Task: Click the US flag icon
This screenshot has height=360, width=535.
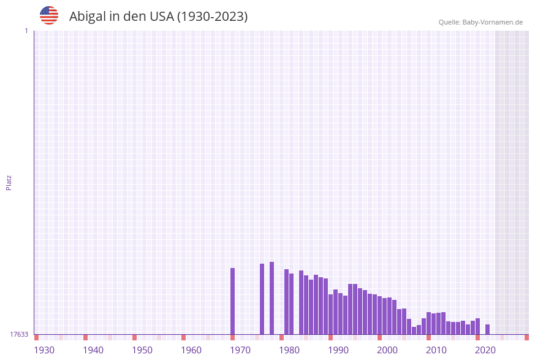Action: point(49,15)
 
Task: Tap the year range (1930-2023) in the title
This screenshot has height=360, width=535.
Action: point(212,17)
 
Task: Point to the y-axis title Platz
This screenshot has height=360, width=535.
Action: point(9,183)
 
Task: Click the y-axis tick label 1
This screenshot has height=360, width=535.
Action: point(26,31)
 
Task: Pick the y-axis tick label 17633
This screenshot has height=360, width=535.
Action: point(19,334)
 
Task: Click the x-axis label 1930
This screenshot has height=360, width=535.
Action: point(44,350)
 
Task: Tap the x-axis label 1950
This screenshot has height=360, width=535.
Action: point(142,350)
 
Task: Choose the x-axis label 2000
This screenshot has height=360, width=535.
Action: point(387,350)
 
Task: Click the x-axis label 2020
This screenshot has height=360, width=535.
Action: point(485,350)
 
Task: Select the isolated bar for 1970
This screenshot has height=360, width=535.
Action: point(233,301)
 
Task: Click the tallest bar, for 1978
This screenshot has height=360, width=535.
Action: point(272,298)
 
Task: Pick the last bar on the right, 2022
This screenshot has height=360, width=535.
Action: point(488,329)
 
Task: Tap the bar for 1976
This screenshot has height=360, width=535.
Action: point(262,299)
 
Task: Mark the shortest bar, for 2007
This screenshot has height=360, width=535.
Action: point(414,331)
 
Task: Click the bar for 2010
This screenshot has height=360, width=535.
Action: point(429,323)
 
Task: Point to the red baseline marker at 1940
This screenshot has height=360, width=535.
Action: point(86,337)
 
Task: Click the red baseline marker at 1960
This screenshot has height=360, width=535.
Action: point(184,337)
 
